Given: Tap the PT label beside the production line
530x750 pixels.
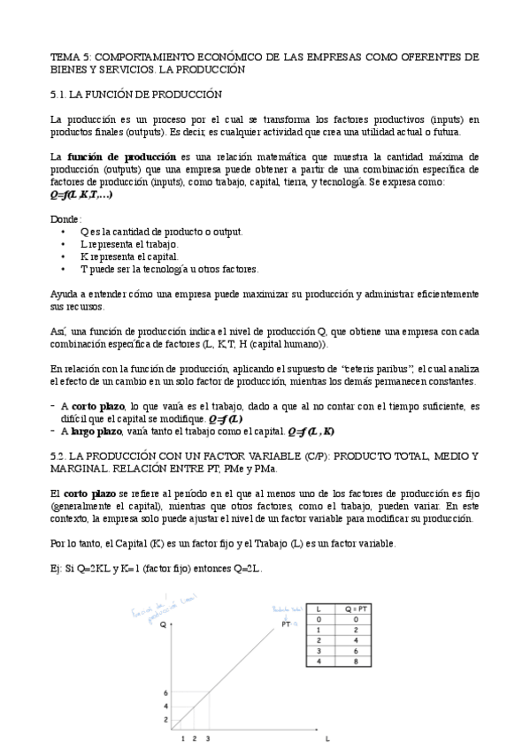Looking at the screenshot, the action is [286, 624].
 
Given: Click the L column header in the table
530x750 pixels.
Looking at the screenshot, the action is [318, 609].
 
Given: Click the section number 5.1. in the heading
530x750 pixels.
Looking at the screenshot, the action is [60, 94].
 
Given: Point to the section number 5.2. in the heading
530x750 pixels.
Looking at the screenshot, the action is [60, 455].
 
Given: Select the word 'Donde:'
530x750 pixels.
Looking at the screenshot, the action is [65, 218].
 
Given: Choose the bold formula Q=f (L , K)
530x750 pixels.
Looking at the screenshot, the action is [311, 432].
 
